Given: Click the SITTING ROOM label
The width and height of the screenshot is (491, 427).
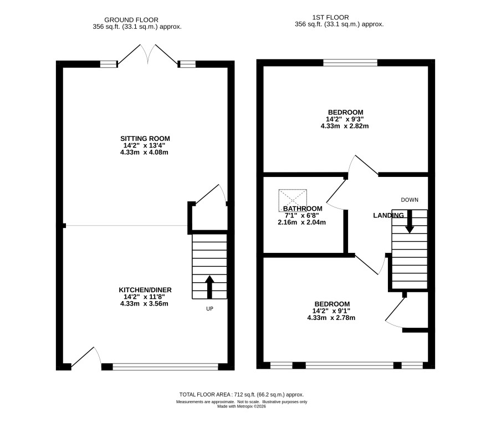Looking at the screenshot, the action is [145, 139].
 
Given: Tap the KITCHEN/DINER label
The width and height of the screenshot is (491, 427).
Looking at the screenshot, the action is [145, 290].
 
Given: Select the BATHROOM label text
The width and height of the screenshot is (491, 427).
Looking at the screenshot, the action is [303, 209].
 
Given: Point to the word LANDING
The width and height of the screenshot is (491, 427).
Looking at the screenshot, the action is [388, 215].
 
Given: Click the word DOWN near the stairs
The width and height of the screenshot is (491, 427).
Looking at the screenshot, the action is [410, 200].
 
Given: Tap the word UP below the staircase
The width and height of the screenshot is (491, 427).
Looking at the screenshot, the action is [209, 309].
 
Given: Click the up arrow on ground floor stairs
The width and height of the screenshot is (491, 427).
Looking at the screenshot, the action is [209, 287].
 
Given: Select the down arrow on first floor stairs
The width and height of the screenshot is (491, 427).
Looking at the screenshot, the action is [410, 221].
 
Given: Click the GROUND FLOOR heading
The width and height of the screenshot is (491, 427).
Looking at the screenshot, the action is [131, 20].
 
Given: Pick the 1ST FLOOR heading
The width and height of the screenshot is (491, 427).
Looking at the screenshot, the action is [330, 18].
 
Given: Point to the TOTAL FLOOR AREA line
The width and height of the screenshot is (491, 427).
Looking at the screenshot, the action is [242, 395].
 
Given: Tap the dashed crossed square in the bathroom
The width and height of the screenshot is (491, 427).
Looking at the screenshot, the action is [293, 200].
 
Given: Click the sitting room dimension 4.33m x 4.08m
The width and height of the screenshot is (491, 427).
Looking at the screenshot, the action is [144, 152].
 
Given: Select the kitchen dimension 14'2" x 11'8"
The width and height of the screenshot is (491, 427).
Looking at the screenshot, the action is [144, 297].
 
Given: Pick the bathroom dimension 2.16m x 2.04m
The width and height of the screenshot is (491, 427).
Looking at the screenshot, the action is [301, 222].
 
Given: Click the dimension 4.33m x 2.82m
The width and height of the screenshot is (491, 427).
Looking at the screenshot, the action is [345, 126].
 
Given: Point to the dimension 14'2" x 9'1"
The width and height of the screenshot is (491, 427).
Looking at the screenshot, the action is [331, 311].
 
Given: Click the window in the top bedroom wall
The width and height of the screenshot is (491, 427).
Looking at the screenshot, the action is [350, 63].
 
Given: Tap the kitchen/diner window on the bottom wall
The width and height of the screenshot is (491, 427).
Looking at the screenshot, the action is [165, 367].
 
